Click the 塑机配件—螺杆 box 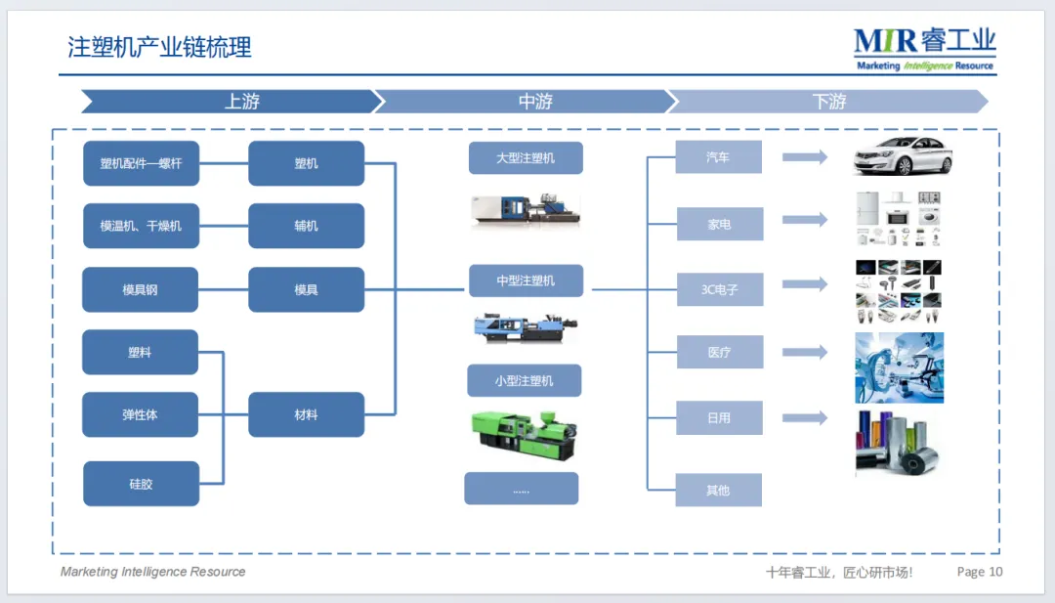tap(141, 163)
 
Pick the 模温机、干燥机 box tap(141, 226)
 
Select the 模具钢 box tap(141, 289)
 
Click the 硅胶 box tap(141, 484)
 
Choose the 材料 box tap(306, 414)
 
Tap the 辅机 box tap(306, 226)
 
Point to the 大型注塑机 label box tap(526, 157)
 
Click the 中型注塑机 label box tap(526, 280)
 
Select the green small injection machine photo tap(525, 434)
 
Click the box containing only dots tap(522, 489)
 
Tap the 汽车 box tap(718, 157)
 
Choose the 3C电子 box tap(719, 289)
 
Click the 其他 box tap(718, 490)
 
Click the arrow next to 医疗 tap(805, 352)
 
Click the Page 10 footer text tap(980, 572)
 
